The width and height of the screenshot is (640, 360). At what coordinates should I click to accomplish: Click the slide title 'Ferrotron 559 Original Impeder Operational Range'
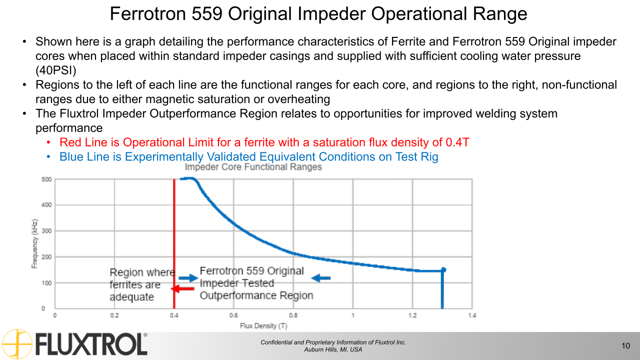coord(318,13)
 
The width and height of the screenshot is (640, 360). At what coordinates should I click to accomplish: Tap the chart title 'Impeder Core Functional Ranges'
coord(253,167)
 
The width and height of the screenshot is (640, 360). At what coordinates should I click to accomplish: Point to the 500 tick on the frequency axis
coord(45,179)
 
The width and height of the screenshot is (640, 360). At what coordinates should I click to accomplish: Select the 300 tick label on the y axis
coord(45,231)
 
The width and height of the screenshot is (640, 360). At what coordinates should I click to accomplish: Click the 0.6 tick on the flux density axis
coord(233,315)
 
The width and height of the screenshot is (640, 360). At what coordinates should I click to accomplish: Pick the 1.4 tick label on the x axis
coord(471,315)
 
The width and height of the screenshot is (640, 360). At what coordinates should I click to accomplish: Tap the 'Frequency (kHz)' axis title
coord(34,243)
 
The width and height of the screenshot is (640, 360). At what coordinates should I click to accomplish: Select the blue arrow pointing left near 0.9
coord(321,278)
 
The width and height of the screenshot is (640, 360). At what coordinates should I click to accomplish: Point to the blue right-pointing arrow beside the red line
coord(188,278)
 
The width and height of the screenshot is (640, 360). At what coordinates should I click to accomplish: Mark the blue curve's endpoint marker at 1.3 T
coord(443,270)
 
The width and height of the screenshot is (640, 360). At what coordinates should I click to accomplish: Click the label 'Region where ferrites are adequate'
coord(141,284)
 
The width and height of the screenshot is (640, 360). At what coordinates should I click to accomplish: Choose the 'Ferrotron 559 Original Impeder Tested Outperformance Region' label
coord(255,283)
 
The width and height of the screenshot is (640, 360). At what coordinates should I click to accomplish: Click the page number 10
coord(625,346)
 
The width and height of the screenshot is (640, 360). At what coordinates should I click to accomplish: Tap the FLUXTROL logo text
coord(91,345)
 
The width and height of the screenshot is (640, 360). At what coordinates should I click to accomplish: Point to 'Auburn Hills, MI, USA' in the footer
coord(333,349)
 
